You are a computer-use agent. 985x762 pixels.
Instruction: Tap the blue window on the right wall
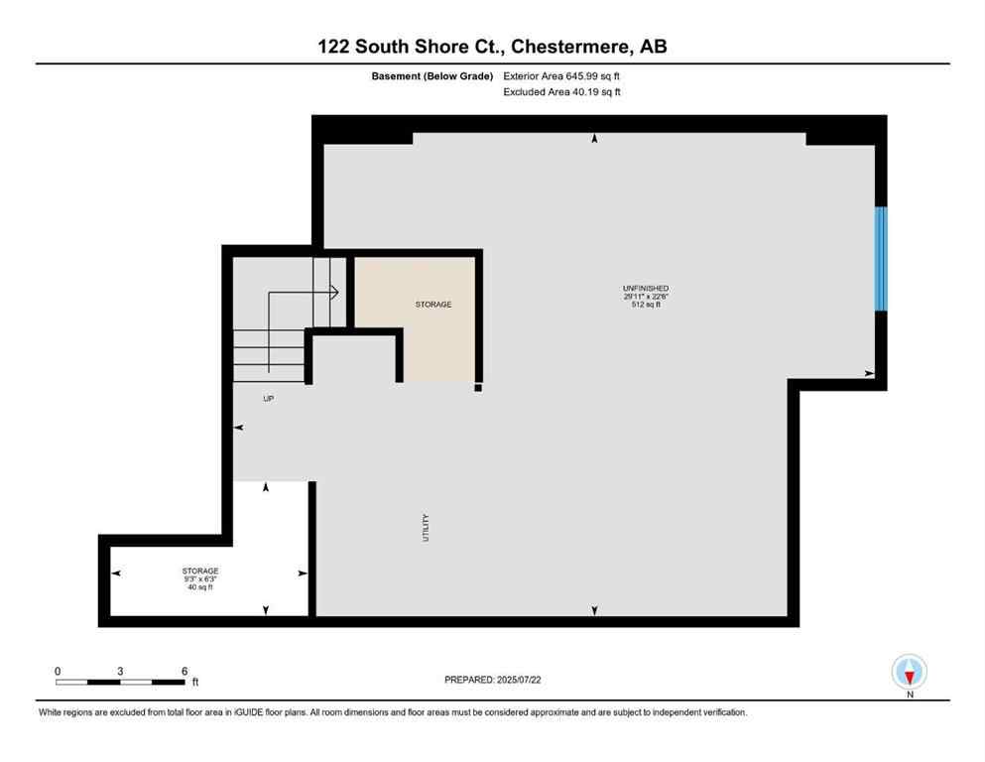click(x=880, y=258)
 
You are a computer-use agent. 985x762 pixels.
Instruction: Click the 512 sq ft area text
click(x=646, y=305)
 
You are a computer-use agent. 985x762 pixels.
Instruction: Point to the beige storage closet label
click(x=433, y=304)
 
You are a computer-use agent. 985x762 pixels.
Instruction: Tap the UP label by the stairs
click(x=268, y=398)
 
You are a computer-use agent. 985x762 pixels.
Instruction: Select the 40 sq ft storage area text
click(x=200, y=587)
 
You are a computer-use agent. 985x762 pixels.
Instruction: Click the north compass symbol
click(x=910, y=672)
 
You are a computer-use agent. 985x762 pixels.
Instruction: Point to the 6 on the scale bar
click(x=185, y=671)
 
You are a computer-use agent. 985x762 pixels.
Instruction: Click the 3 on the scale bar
click(x=120, y=671)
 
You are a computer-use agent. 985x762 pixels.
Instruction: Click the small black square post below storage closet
click(x=477, y=388)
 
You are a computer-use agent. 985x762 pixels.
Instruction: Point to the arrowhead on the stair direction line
click(x=335, y=292)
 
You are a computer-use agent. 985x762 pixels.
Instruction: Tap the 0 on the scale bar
click(x=58, y=671)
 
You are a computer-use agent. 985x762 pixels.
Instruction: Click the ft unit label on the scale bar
click(x=195, y=682)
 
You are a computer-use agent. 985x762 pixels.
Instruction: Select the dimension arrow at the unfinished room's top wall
click(x=594, y=139)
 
